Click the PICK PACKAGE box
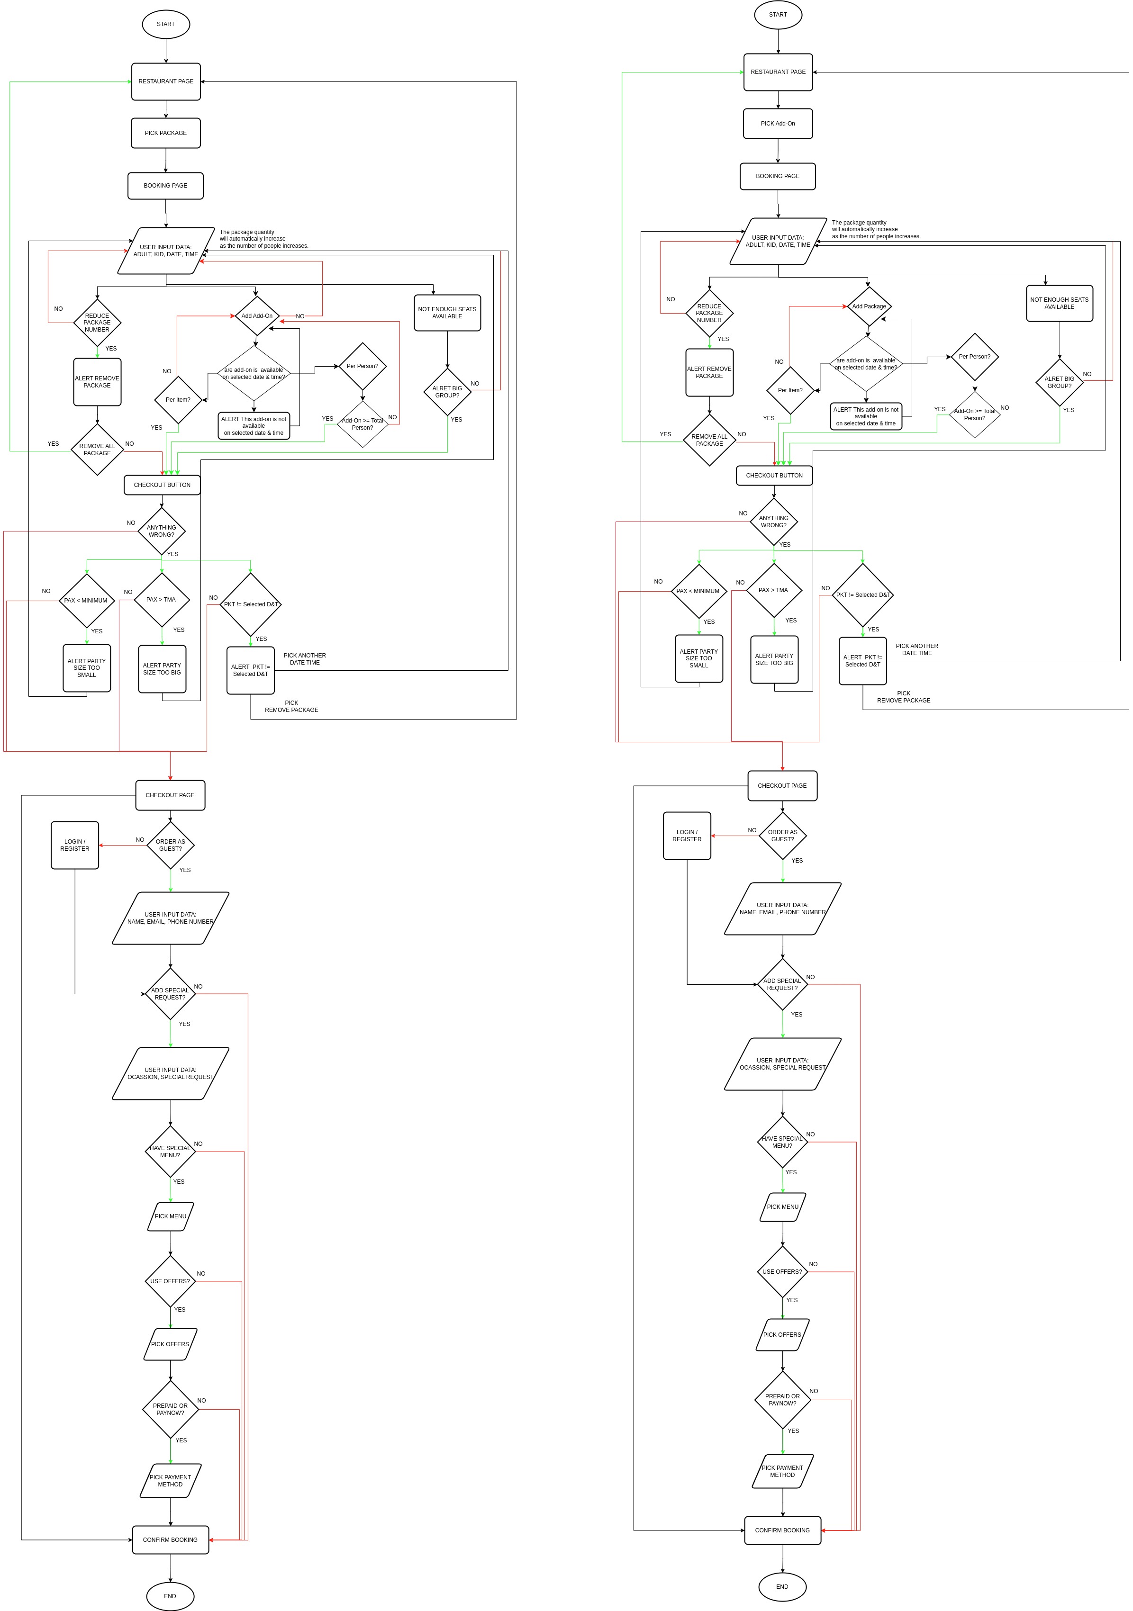pos(166,133)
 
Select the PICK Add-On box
pos(778,124)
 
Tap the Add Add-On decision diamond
pos(257,316)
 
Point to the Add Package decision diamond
pos(869,306)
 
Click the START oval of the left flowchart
pos(166,24)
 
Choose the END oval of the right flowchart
pos(782,1586)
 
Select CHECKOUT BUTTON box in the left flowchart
pos(162,485)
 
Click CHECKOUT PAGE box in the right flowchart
pos(782,786)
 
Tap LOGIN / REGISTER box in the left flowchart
pos(74,845)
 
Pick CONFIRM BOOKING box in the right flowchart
pos(782,1530)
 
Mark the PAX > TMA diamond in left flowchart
pos(162,600)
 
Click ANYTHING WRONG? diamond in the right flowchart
pos(774,522)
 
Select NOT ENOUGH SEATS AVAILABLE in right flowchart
pos(1059,303)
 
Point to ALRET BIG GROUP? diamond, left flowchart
pos(447,392)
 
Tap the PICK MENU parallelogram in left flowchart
pos(171,1216)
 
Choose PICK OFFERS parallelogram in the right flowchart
pos(782,1334)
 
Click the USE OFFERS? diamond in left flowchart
pos(170,1281)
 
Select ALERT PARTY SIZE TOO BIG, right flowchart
pos(774,659)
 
